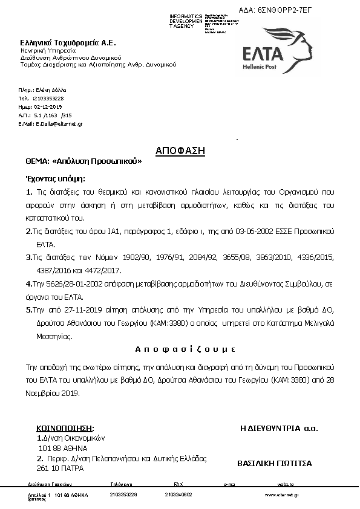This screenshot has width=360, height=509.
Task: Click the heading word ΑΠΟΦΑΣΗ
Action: (x=180, y=150)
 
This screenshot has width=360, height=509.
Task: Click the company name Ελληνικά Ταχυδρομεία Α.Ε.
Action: (x=68, y=43)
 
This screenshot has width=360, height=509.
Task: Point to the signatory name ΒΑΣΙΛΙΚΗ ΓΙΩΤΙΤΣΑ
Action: (x=275, y=463)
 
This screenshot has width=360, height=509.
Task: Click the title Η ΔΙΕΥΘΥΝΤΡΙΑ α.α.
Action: (x=279, y=428)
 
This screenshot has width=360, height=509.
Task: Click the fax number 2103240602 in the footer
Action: (x=178, y=494)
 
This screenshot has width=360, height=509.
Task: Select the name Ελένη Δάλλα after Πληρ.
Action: (x=54, y=89)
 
